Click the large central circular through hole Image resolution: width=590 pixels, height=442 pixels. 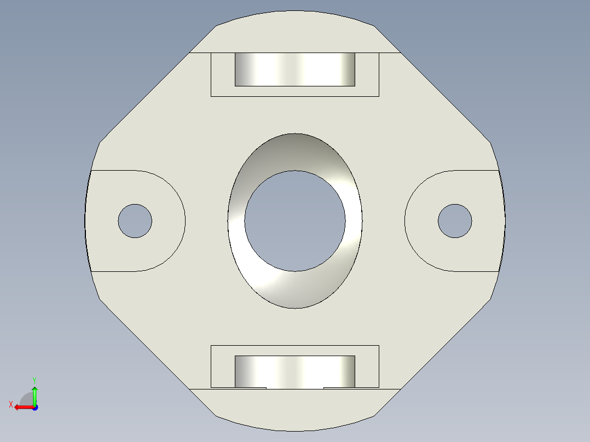pos(295,221)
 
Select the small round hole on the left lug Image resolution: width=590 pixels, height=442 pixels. pos(135,221)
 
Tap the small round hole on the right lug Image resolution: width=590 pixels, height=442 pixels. pos(455,221)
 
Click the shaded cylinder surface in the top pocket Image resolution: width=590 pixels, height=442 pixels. pos(295,69)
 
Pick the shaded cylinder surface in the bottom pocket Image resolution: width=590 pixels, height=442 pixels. pos(295,370)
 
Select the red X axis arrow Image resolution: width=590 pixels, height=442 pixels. pos(22,407)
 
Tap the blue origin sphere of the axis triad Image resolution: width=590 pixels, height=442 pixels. pos(34,407)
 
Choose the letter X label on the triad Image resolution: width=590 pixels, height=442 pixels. pos(10,404)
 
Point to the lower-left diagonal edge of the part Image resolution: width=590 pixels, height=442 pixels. pos(145,345)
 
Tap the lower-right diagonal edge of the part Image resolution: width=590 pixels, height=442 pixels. pos(444,345)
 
